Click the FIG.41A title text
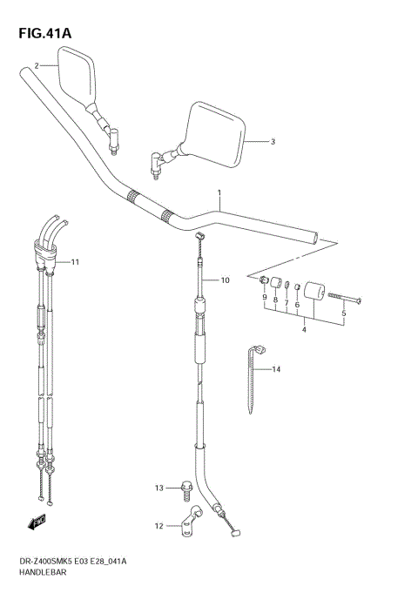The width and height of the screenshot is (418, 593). [x=44, y=34]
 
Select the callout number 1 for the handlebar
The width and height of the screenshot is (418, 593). [x=219, y=192]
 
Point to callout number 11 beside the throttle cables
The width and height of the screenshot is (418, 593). [x=75, y=261]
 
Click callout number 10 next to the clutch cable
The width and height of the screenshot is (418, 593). [x=224, y=280]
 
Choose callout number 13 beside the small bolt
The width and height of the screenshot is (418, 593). [x=159, y=488]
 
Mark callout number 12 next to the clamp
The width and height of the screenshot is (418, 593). [x=159, y=525]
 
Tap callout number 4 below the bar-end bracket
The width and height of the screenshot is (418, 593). [x=303, y=329]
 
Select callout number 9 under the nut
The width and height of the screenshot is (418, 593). [x=263, y=299]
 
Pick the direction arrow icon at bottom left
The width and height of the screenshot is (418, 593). [x=37, y=522]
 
